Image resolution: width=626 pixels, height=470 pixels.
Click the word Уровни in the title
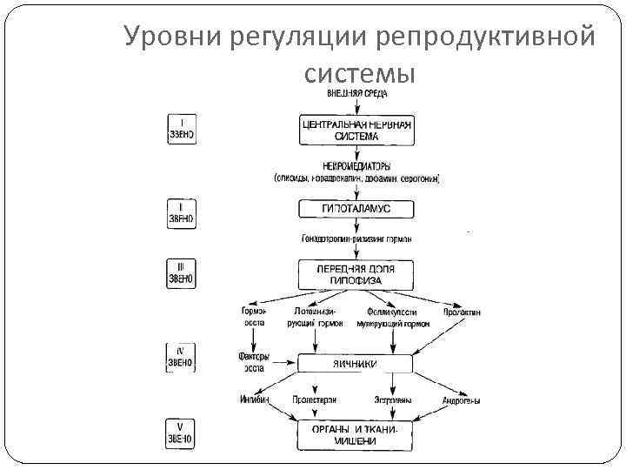170,37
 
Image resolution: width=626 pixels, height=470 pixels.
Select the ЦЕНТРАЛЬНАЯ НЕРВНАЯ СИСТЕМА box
356,130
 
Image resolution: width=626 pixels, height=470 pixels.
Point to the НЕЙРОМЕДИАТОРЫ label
356,165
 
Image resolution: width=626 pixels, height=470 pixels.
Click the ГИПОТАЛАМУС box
356,209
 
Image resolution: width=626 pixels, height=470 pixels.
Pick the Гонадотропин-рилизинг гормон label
356,238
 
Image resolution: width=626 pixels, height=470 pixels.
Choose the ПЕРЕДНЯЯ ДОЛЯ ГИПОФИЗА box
356,275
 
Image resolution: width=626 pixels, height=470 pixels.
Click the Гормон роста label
254,317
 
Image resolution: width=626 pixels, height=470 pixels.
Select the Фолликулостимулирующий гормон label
392,317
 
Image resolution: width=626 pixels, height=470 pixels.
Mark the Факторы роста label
254,361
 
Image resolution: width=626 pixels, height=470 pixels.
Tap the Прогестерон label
314,400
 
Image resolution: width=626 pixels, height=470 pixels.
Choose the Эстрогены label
392,400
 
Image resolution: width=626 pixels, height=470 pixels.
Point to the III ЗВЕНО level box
181,273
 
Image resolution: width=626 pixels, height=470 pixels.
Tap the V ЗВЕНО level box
181,433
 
